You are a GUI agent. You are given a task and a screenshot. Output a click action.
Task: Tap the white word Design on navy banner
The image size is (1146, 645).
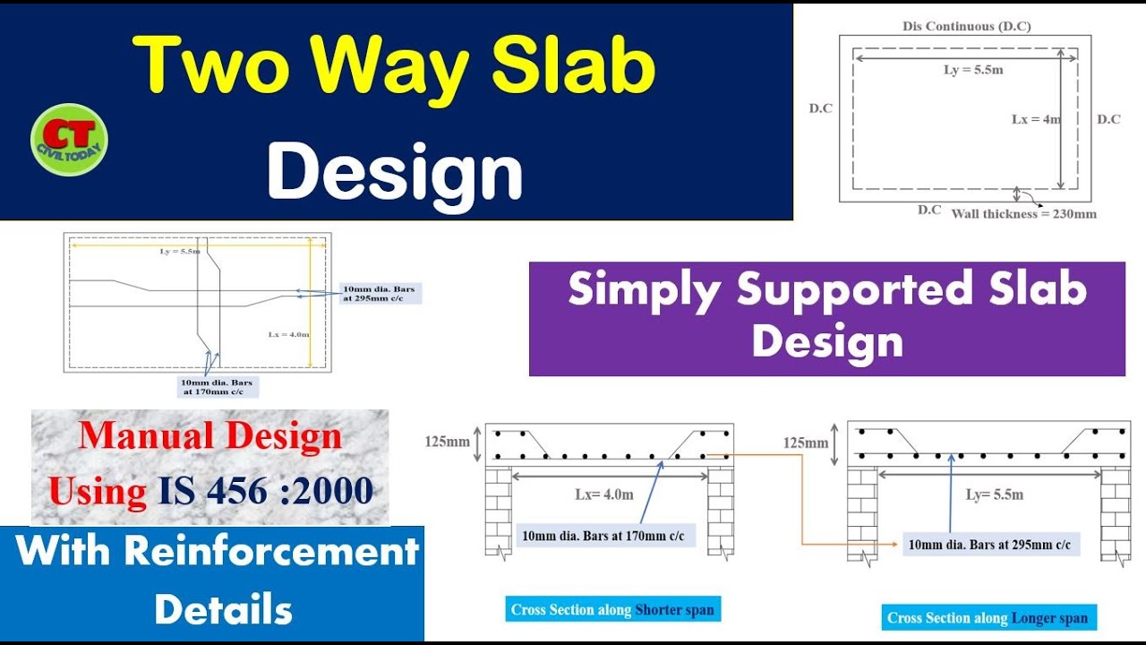point(395,172)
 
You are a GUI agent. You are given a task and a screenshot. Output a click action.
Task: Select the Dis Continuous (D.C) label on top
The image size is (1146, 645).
point(965,26)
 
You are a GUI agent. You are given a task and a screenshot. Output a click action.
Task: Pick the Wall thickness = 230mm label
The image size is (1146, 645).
point(1023,214)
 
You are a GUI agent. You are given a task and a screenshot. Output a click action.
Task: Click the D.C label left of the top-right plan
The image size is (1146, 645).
point(820,108)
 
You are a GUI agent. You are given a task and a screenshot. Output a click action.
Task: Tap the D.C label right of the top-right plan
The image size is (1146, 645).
point(1108,119)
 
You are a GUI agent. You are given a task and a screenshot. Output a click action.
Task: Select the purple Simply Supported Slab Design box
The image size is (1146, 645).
point(826,318)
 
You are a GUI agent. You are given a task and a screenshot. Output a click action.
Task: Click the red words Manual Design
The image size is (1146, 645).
point(210,436)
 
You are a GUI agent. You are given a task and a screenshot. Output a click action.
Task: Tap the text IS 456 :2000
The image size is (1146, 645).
point(266,491)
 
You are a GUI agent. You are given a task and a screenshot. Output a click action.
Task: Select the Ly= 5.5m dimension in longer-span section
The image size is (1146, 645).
point(994,494)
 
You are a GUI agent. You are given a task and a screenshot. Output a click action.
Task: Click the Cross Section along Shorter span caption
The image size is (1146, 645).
point(612,610)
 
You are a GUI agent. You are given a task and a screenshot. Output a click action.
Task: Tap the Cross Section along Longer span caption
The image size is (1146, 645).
point(988,618)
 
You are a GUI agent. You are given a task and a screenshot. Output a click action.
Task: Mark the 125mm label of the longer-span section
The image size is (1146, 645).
point(805,443)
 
